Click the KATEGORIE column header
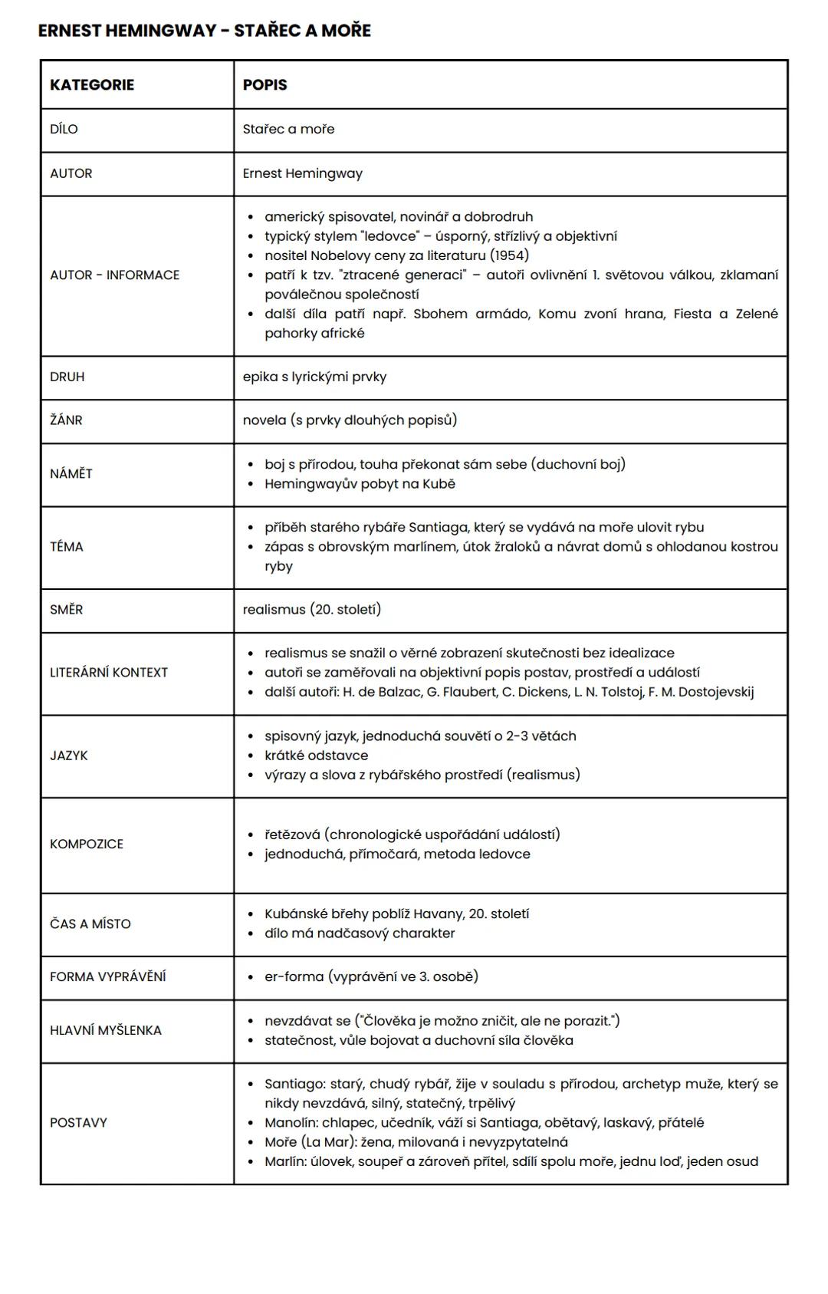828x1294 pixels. pos(92,85)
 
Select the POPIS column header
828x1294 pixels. pos(264,85)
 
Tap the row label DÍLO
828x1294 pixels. pos(64,129)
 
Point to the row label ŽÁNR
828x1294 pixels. pos(66,420)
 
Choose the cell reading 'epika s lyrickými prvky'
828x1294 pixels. pos(314,377)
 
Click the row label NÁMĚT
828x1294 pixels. pos(71,474)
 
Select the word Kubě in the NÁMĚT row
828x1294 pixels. pos(438,484)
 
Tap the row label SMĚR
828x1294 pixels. pos(67,610)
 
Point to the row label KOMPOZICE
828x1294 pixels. pos(87,844)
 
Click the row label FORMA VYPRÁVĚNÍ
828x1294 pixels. pos(108,976)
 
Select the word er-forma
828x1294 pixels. pos(294,976)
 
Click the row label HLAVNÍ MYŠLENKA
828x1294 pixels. pos(106,1030)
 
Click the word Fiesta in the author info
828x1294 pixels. pos(692,314)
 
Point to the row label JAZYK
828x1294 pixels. pos(69,756)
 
